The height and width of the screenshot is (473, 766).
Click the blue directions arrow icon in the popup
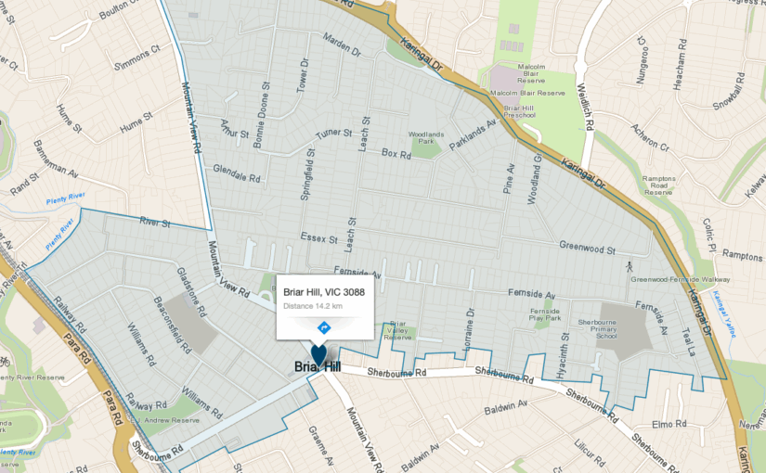[324, 327]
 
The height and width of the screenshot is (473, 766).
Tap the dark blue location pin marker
[318, 355]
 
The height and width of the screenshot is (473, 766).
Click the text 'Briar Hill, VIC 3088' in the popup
[324, 292]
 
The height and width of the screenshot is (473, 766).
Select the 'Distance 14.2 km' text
[313, 306]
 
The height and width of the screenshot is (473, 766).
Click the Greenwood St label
[587, 249]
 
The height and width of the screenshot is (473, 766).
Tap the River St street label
[154, 224]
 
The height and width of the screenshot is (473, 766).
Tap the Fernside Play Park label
[546, 313]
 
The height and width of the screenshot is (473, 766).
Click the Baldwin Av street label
[506, 406]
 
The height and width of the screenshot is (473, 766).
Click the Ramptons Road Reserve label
[658, 185]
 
